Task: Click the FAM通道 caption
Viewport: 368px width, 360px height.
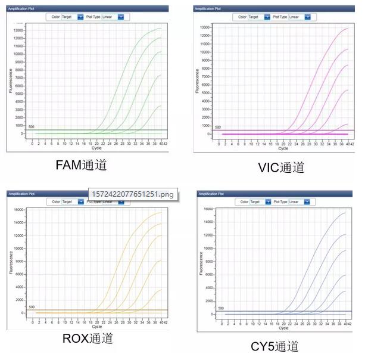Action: (x=81, y=165)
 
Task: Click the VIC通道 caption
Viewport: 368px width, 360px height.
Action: (x=280, y=167)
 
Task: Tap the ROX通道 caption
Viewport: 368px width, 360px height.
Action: (x=88, y=339)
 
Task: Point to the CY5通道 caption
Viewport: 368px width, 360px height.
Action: (x=275, y=346)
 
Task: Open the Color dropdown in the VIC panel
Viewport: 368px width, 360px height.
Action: (x=258, y=17)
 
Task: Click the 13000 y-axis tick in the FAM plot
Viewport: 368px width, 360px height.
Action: (x=18, y=30)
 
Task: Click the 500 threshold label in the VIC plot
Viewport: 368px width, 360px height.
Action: (x=217, y=127)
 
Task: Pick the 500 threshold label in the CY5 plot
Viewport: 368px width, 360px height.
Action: (x=220, y=308)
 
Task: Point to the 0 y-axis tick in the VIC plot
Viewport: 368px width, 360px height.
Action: (x=209, y=134)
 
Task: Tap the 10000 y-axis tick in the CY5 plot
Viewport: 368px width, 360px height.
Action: (x=208, y=248)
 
